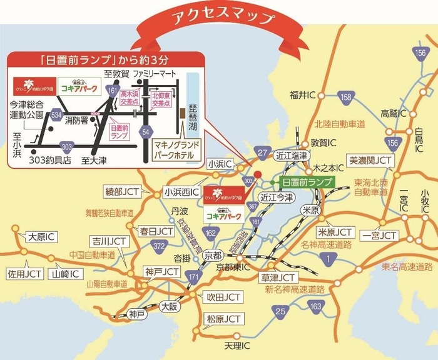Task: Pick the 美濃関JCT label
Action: tap(370, 160)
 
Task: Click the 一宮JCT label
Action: tap(379, 236)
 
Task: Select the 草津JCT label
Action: tap(278, 277)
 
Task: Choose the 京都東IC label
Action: tap(233, 267)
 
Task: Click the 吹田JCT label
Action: tap(224, 296)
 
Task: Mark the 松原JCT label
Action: tap(224, 319)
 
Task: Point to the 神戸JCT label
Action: tap(162, 272)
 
